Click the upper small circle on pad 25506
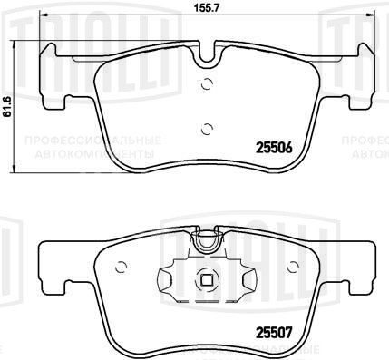click(208, 86)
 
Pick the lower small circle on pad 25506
click(208, 127)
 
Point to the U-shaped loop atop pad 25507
click(208, 240)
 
